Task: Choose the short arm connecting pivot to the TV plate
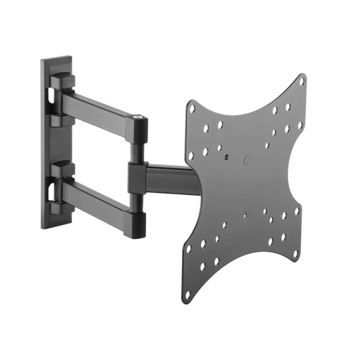170,177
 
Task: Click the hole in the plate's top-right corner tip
302,82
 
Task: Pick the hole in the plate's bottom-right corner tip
296,253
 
